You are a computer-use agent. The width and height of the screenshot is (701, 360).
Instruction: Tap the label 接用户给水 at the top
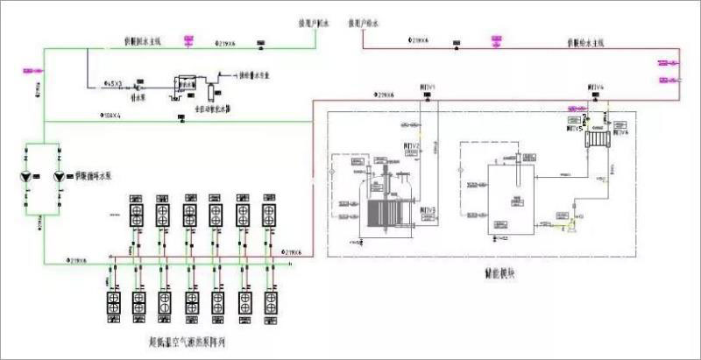363,25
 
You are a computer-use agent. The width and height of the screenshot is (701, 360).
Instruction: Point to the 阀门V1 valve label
428,88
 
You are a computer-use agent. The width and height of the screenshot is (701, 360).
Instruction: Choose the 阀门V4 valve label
597,88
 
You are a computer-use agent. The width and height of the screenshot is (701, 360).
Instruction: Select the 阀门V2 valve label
413,145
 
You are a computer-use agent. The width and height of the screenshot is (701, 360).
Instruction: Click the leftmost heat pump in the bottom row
114,301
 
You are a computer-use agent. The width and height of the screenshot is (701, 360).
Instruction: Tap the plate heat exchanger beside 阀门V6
598,138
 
